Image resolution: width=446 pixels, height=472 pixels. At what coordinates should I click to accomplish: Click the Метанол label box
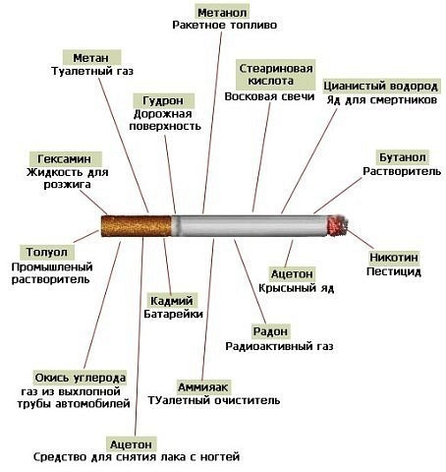coord(223,12)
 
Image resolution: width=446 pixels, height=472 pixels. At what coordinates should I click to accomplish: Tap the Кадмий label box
coord(171,299)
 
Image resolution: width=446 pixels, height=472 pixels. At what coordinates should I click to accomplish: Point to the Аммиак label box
coord(203,385)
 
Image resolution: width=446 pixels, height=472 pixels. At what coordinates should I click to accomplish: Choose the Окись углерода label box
coord(80,377)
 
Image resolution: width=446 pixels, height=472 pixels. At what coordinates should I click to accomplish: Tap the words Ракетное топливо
coord(224,27)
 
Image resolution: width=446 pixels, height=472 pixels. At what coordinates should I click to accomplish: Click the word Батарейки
coord(176,314)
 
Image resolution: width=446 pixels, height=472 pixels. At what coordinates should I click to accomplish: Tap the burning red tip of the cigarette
coord(337,226)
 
